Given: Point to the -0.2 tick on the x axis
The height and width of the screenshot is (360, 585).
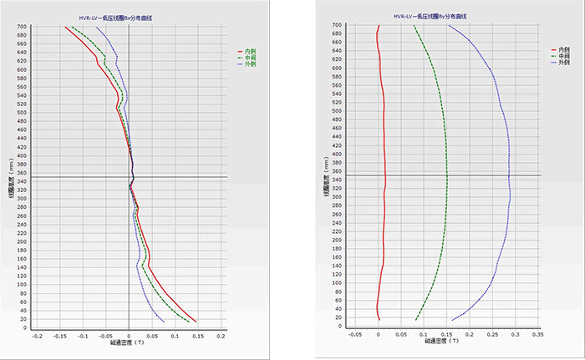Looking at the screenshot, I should [x=37, y=337].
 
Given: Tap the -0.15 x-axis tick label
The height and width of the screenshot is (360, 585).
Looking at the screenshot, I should [x=59, y=337].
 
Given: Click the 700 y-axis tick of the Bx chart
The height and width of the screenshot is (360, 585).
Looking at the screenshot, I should [x=23, y=27].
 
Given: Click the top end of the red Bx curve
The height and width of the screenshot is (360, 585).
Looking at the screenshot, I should [x=64, y=28].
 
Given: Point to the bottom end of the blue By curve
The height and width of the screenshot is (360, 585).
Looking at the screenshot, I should [x=452, y=320].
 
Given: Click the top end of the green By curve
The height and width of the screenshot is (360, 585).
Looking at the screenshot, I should [x=415, y=26].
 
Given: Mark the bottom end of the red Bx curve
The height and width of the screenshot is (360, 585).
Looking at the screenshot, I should [x=196, y=322].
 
